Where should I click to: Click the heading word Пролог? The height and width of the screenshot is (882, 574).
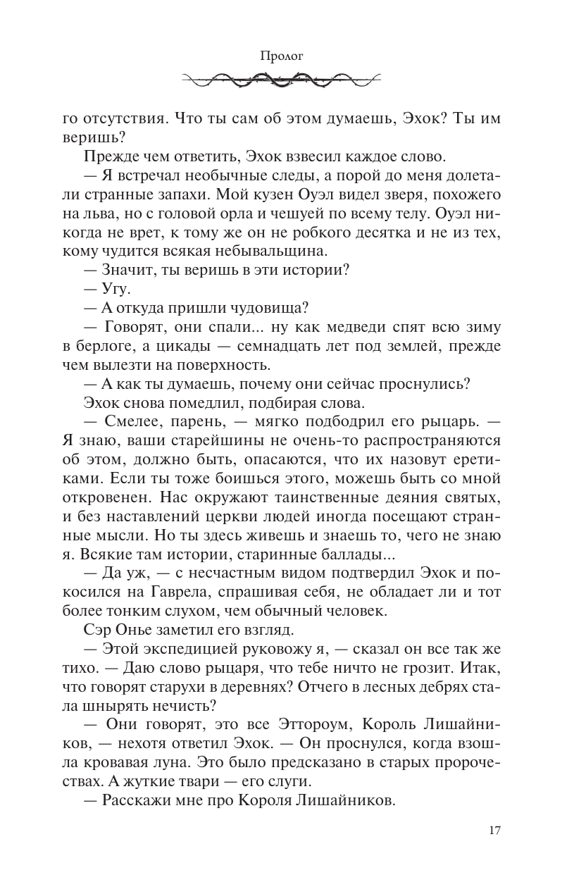pos(286,56)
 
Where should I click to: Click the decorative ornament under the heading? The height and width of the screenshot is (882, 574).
pos(286,80)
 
